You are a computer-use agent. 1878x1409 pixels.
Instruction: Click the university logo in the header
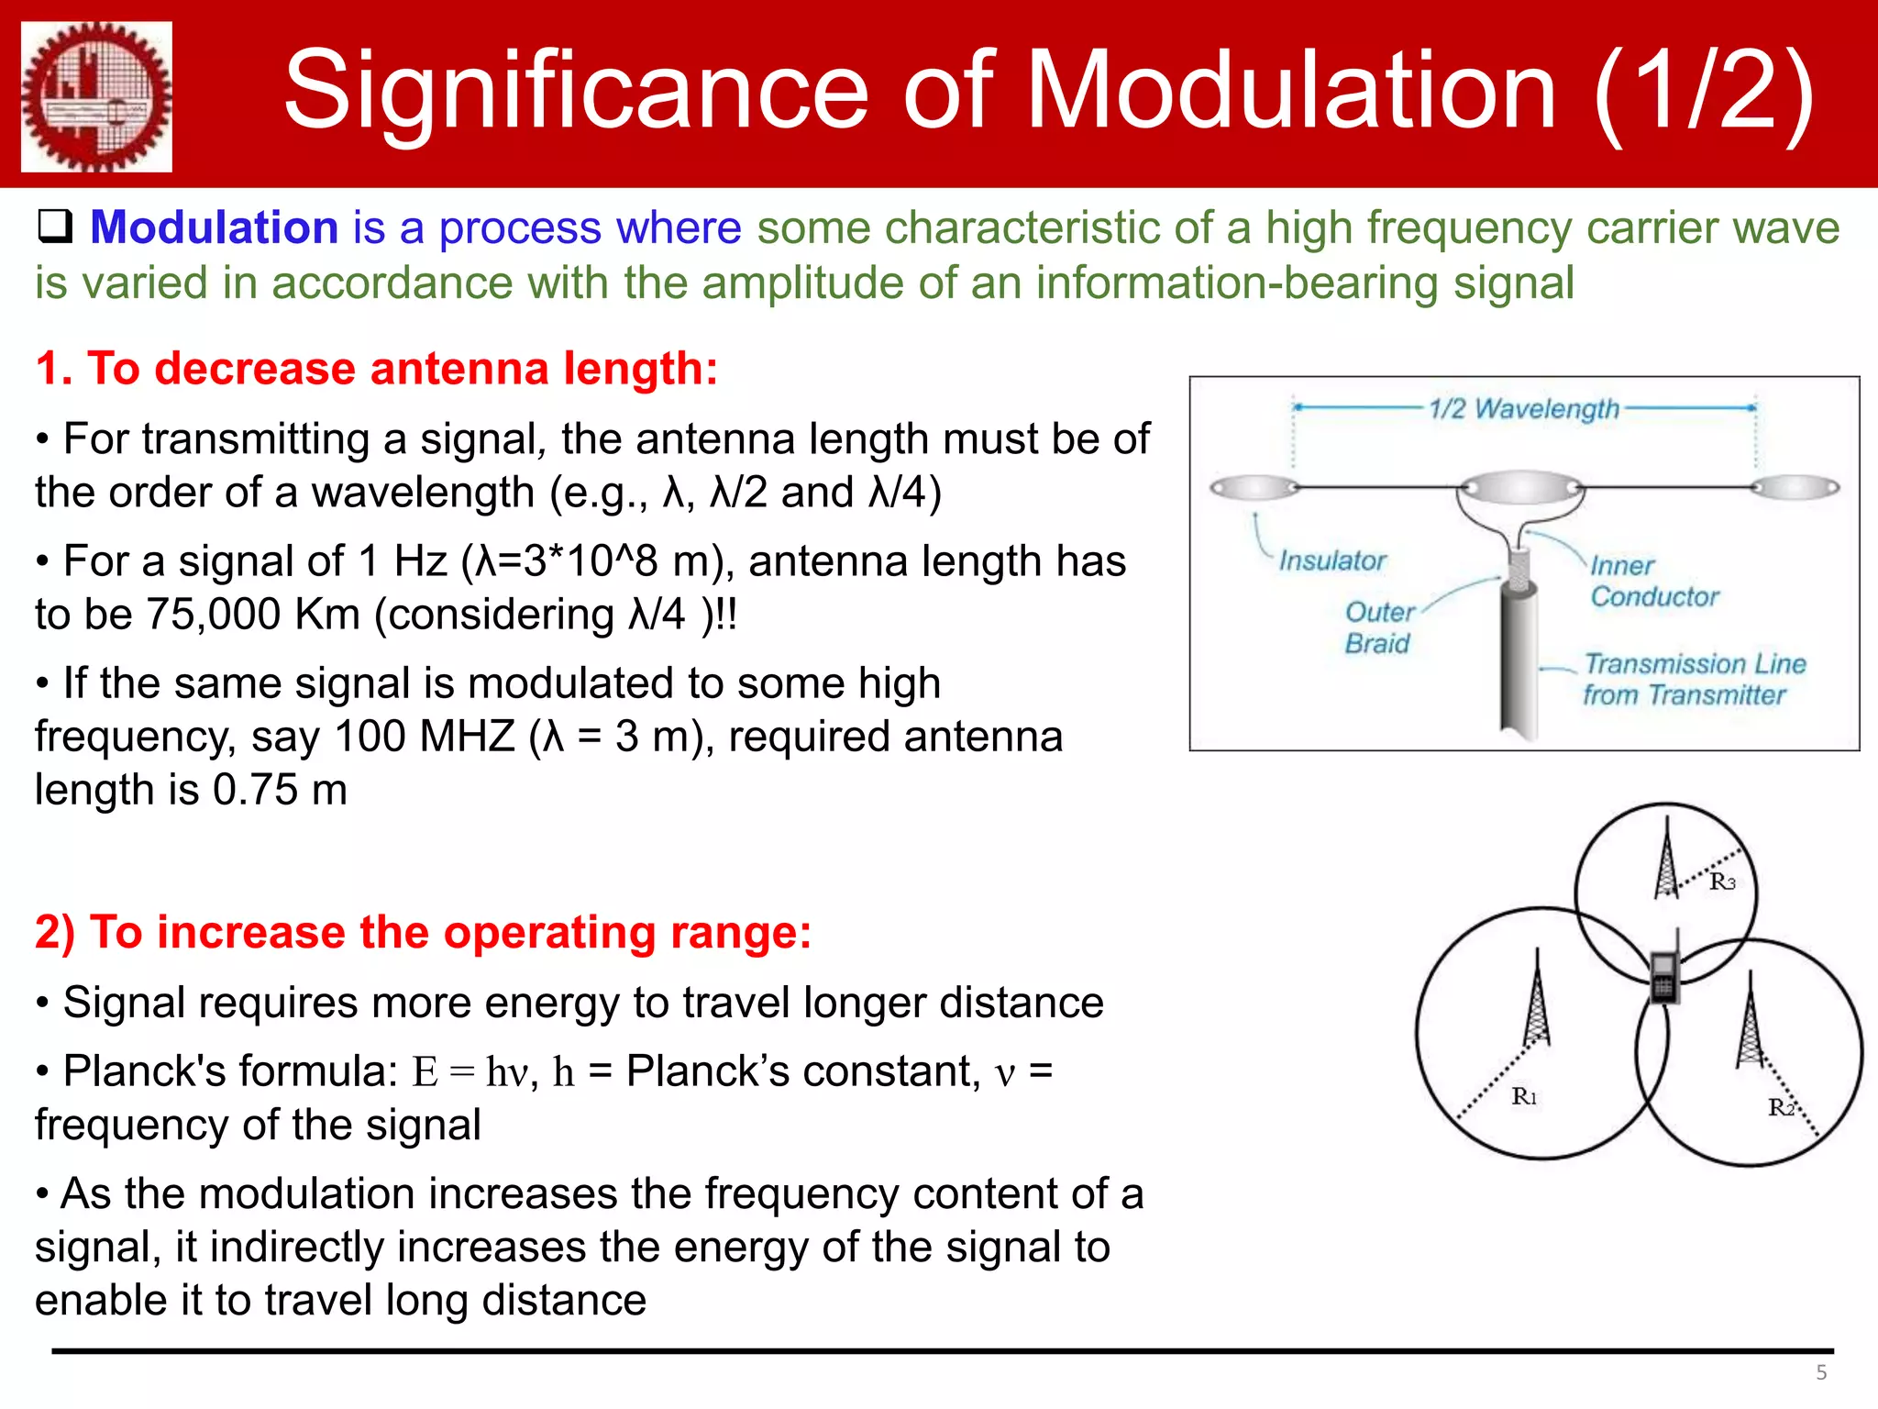tap(96, 96)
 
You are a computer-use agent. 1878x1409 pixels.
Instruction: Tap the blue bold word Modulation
tap(215, 227)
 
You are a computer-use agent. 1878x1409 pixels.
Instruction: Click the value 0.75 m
tap(280, 790)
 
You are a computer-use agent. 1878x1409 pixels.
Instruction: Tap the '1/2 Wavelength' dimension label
tap(1523, 408)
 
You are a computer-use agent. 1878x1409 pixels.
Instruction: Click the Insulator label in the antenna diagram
tap(1331, 560)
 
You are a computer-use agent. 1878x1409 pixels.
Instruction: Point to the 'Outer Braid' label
tap(1378, 627)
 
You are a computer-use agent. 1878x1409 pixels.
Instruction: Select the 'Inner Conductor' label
tap(1653, 582)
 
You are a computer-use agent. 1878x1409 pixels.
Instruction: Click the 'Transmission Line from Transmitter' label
tap(1694, 680)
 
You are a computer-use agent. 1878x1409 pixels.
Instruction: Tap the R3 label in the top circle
tap(1722, 882)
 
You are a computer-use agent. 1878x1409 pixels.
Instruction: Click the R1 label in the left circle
tap(1524, 1096)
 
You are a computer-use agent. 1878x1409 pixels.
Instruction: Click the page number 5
tap(1821, 1373)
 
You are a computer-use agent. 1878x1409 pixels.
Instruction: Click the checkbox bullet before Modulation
tap(54, 227)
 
